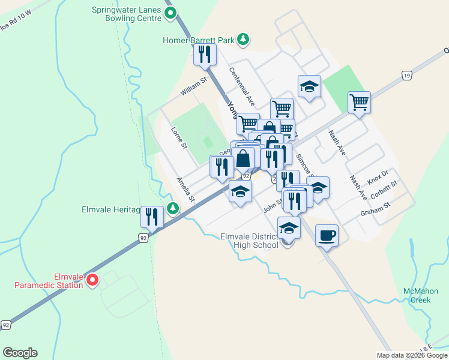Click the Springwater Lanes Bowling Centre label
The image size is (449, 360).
click(127, 14)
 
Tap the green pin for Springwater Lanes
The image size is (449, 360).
click(170, 13)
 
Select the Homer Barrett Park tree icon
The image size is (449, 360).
click(243, 40)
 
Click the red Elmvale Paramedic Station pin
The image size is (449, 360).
click(92, 280)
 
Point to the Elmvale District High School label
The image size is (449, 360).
click(250, 241)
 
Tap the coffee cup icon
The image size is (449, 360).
click(327, 235)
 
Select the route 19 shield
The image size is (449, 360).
click(407, 75)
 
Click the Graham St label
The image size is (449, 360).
click(375, 210)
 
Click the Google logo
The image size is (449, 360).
click(20, 353)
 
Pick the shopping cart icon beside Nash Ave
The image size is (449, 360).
click(359, 101)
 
